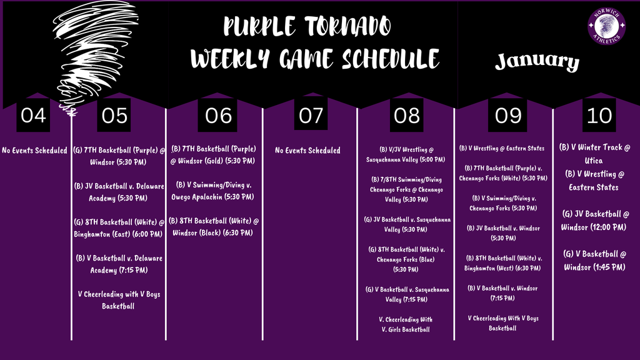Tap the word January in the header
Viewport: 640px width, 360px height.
pos(537,61)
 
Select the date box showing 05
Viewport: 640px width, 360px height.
pos(114,115)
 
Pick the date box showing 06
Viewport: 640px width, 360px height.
pos(217,115)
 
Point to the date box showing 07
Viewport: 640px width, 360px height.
pos(311,115)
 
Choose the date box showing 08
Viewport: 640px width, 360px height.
pos(407,115)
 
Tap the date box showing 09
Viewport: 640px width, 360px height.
pos(504,115)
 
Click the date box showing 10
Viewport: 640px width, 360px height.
pos(598,115)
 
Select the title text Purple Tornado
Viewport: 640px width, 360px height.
pos(307,27)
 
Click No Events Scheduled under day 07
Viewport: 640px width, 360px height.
pos(308,150)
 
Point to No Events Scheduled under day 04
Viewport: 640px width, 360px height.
pos(34,150)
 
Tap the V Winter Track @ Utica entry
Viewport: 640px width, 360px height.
pos(596,154)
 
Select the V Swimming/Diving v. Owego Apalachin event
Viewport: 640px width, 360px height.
pos(214,191)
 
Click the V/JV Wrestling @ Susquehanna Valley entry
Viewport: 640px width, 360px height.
pos(406,154)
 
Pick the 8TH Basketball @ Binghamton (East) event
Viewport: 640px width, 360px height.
pos(118,228)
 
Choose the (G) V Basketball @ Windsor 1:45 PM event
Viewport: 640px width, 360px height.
pos(594,260)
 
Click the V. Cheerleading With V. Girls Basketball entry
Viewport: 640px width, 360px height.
pos(406,324)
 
